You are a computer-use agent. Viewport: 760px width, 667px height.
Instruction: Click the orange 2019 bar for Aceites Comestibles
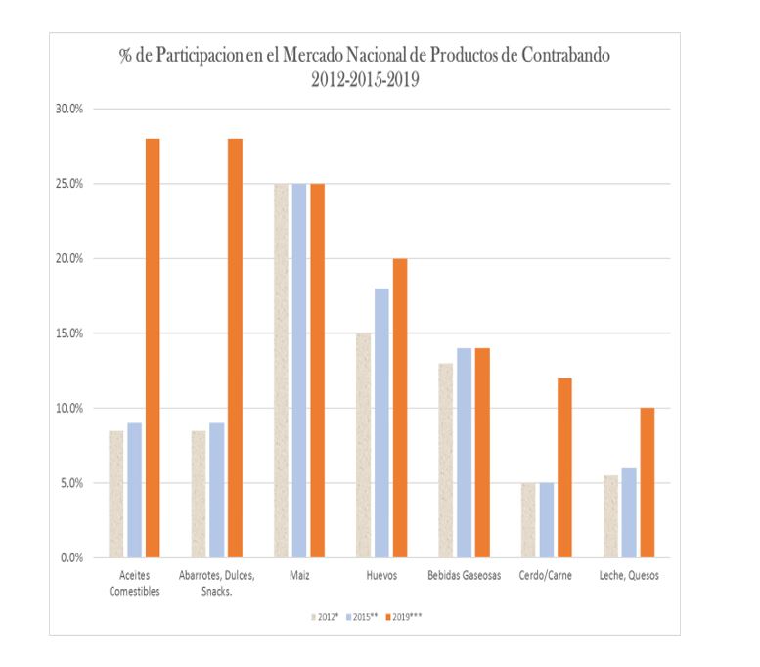coord(153,348)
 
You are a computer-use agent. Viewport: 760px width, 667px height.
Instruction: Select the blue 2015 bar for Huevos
coord(380,422)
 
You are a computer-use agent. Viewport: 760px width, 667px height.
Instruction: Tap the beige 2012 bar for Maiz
coord(282,371)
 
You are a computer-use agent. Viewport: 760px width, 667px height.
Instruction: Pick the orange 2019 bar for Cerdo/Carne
coord(564,467)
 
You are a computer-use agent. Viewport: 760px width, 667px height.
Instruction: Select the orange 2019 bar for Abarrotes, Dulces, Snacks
coord(235,348)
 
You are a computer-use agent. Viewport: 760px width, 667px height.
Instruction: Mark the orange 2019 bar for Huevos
coord(399,408)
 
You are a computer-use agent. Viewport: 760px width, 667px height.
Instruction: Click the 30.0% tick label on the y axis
coord(71,109)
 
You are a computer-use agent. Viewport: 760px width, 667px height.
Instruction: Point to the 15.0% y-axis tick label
coord(71,333)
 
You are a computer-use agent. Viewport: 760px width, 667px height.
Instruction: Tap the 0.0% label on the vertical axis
coord(74,557)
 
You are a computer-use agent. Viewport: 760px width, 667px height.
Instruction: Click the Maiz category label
coord(300,576)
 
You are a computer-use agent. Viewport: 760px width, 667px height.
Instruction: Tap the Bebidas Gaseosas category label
coord(465,576)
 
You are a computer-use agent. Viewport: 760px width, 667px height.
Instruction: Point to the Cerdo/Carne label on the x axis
coord(547,576)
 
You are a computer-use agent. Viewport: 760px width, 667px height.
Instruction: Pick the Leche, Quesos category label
coord(629,576)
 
